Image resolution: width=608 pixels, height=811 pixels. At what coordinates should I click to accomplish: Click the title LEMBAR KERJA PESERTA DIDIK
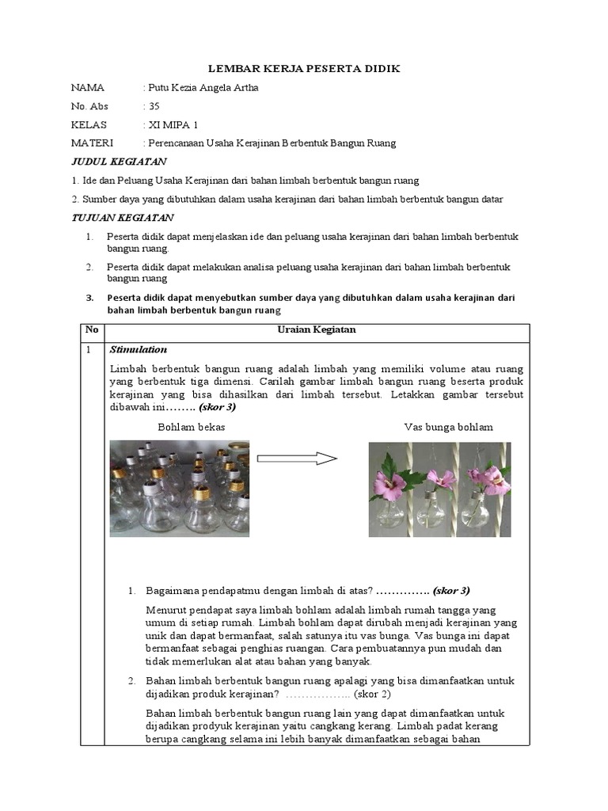point(304,69)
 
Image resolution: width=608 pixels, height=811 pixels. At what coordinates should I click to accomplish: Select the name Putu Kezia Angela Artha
point(203,88)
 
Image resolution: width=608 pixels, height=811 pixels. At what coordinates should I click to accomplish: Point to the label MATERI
point(92,143)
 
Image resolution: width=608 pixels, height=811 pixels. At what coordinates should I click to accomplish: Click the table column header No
point(92,330)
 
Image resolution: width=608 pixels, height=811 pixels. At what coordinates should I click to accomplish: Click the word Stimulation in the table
point(139,349)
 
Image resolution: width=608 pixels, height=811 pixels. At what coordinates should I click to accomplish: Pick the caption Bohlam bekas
point(192,427)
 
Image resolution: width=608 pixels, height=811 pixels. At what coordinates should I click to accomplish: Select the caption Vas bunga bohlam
point(448,427)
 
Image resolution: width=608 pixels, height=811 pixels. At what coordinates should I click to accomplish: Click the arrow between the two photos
point(298,459)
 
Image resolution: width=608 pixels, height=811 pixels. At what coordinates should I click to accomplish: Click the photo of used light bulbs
point(180,489)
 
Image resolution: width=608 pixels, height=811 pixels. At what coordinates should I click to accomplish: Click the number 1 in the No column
point(89,349)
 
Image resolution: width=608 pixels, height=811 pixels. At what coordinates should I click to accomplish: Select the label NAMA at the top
point(87,88)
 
